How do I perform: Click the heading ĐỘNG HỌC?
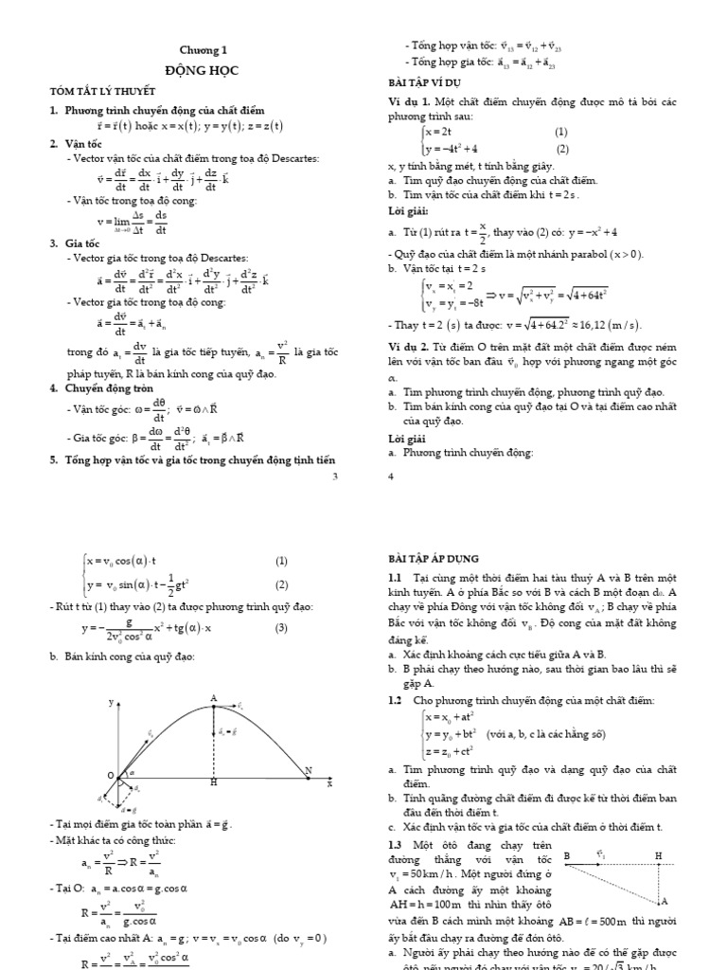coord(204,70)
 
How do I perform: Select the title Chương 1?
coord(204,50)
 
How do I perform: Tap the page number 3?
coord(335,476)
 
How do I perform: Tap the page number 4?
coord(391,476)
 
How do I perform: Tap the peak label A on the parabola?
coord(214,697)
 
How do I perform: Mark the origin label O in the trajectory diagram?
coord(110,775)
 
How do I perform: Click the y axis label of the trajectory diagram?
coord(111,703)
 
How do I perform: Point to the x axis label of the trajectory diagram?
coord(329,784)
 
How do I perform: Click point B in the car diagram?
coord(566,855)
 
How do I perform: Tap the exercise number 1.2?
coord(395,700)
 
